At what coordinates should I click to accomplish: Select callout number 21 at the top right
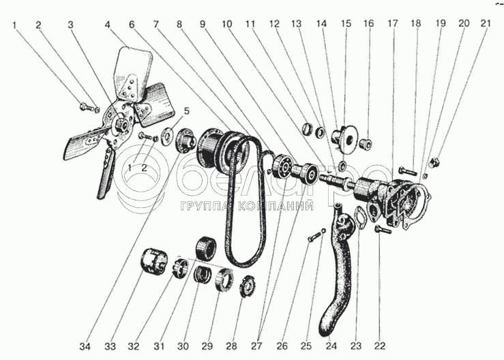486,23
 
